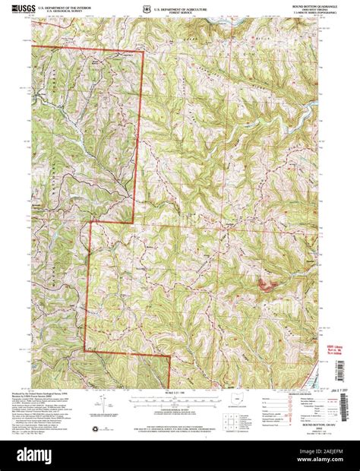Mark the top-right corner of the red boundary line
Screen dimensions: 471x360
tap(143, 52)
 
